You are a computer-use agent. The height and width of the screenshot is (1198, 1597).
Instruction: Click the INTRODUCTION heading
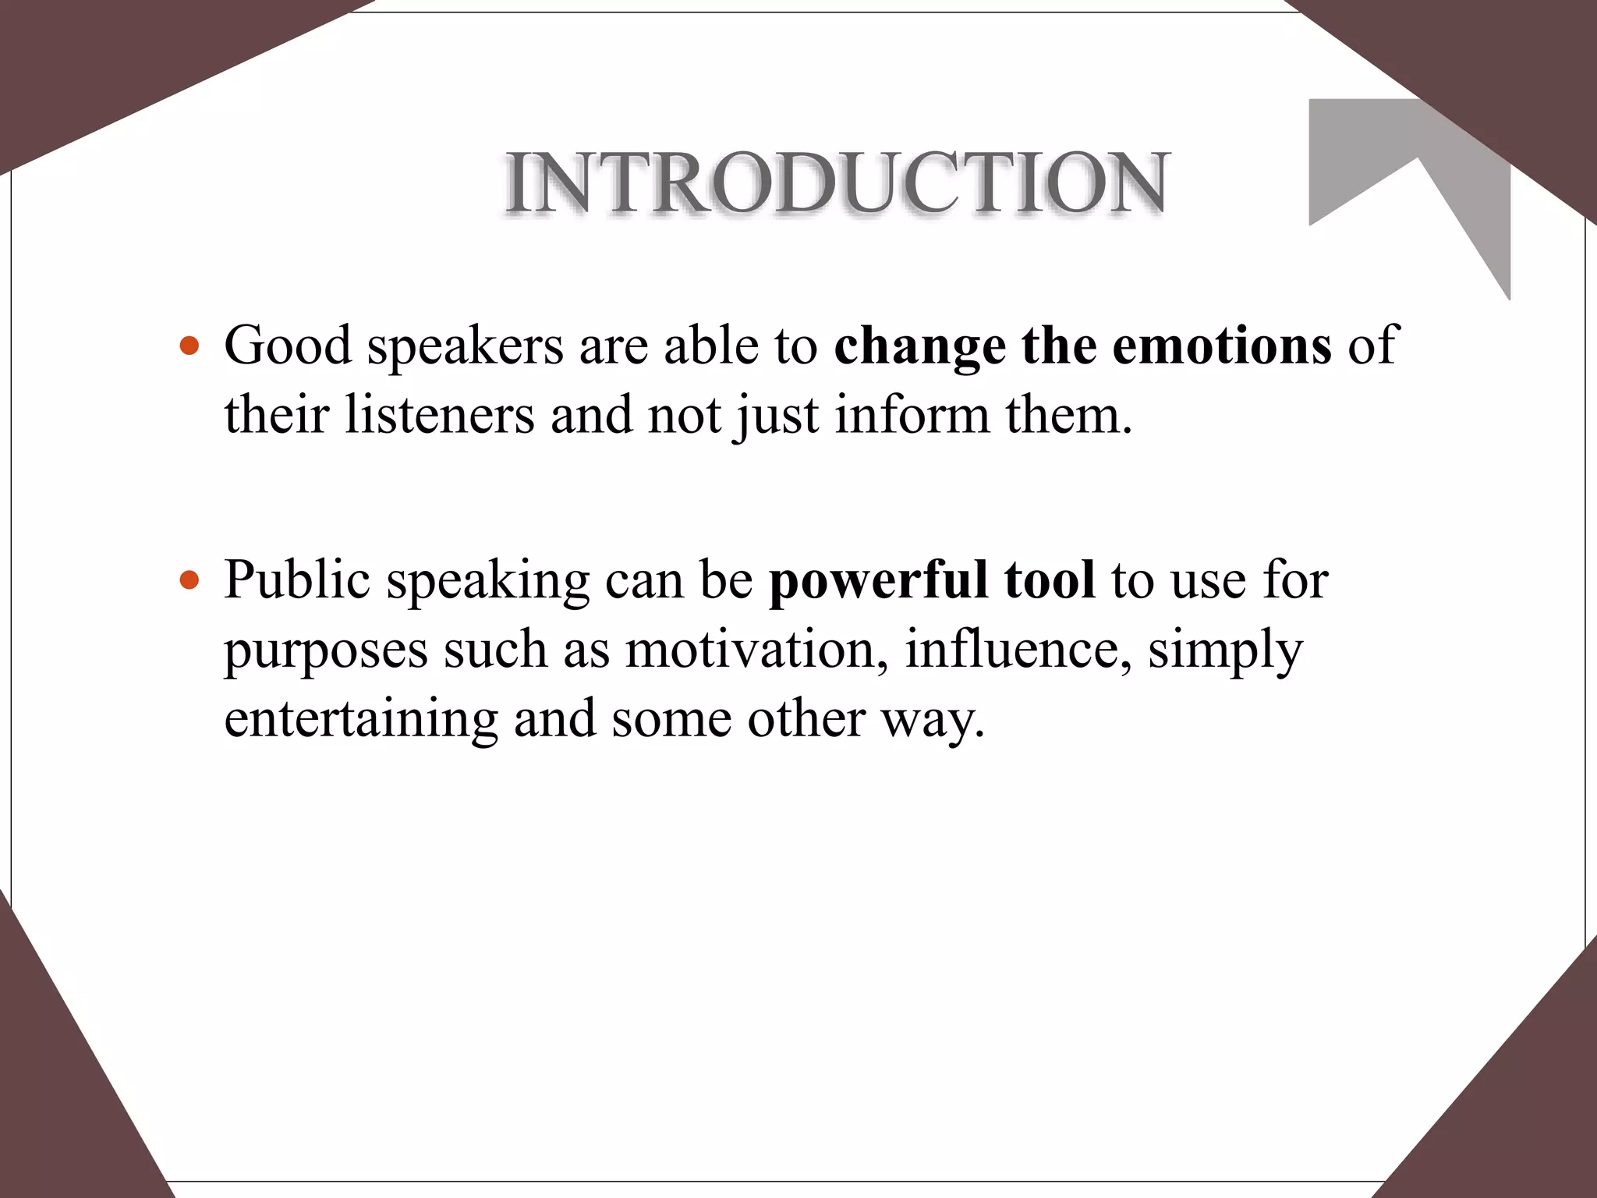(x=837, y=183)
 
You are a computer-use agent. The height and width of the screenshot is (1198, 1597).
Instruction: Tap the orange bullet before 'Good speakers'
(x=189, y=346)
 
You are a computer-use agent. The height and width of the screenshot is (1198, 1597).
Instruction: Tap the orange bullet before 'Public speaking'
(x=189, y=580)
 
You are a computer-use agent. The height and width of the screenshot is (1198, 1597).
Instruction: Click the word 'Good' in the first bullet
(x=287, y=345)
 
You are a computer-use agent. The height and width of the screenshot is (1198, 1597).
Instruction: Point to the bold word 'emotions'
(x=1222, y=346)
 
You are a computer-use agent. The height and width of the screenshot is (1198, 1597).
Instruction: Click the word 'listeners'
(x=440, y=414)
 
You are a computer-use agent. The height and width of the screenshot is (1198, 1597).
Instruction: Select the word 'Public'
(x=296, y=580)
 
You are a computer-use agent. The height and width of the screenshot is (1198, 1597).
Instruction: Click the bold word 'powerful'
(x=878, y=582)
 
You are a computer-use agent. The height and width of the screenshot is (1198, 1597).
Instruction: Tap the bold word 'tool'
(x=1050, y=580)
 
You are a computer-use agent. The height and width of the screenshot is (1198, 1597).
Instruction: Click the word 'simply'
(x=1225, y=650)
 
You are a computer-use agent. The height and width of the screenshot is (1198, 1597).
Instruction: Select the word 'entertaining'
(x=361, y=718)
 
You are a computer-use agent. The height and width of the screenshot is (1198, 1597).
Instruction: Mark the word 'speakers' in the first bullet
(x=466, y=346)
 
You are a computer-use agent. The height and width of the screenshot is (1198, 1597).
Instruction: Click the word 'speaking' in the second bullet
(x=488, y=582)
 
